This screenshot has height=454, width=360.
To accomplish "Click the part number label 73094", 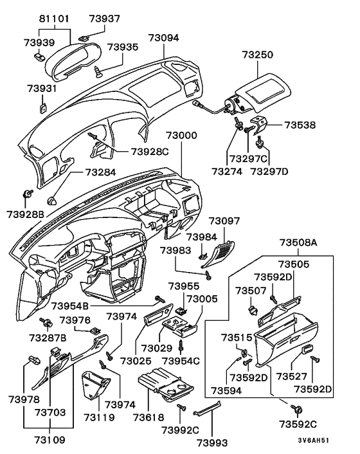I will click(x=163, y=38).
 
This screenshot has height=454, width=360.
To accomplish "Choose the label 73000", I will click(x=181, y=136).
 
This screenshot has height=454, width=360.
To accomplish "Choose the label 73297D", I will click(x=269, y=172).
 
